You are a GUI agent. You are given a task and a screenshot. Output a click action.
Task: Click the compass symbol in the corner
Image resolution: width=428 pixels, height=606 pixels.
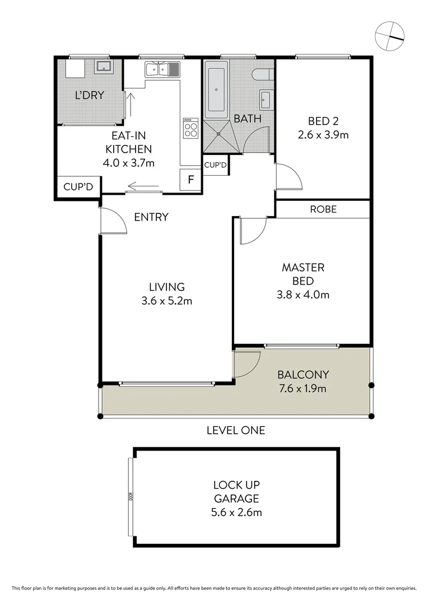pos(390,35)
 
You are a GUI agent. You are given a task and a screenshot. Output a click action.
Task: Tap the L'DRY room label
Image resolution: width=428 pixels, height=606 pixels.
pos(90,95)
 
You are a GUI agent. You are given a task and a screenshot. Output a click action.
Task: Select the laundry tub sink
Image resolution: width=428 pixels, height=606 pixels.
pos(104,68)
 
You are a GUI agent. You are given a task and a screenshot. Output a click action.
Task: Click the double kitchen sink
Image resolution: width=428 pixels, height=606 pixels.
pos(162,70)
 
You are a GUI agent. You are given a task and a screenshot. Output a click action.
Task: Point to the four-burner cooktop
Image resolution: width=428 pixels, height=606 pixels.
pos(190,128)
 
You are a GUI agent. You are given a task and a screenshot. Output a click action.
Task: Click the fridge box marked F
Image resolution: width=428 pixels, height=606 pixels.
pos(190,180)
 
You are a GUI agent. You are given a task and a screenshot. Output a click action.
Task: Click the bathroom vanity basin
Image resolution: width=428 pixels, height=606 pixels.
pos(266,100)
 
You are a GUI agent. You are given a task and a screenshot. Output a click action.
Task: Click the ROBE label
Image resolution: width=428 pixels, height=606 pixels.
pos(323,209)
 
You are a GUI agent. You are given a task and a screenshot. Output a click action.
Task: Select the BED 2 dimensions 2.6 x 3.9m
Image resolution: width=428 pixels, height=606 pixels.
pos(323,135)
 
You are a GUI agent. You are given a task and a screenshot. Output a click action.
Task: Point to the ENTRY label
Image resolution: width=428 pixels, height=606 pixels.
pos(151,217)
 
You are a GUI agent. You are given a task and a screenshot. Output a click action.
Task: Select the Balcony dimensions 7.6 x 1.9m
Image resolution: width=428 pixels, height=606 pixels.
pos(303,388)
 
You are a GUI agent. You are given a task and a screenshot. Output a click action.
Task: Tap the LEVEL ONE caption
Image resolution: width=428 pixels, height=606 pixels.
pos(235,430)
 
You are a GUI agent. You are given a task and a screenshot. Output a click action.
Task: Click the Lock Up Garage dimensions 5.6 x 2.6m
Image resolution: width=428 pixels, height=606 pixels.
pos(236,512)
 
